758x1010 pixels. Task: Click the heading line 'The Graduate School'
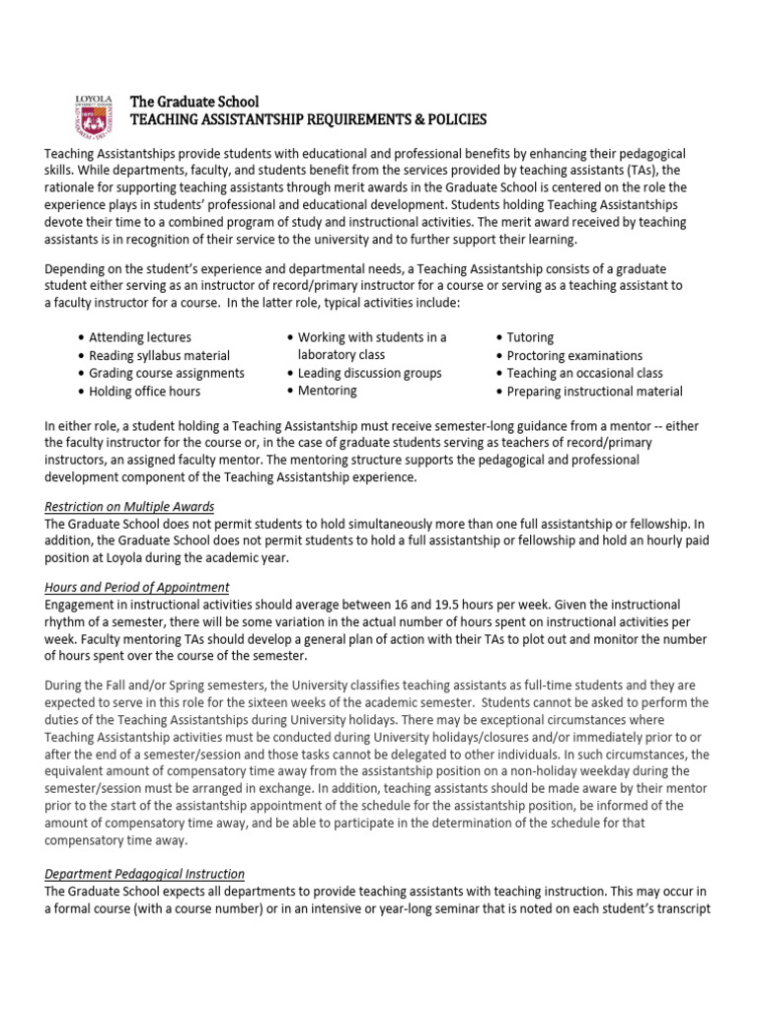(x=194, y=102)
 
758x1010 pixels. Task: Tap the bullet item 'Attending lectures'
(x=139, y=337)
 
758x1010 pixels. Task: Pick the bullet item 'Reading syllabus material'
(x=159, y=355)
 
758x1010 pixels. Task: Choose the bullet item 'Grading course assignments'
(x=166, y=373)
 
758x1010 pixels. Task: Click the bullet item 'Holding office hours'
(x=145, y=391)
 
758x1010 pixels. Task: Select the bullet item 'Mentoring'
(x=327, y=391)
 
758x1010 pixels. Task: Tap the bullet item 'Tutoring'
(x=530, y=337)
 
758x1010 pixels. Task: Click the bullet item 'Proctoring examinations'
(x=574, y=355)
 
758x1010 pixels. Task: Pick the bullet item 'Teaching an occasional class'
(x=584, y=373)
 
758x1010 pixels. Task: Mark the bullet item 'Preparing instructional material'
(x=594, y=391)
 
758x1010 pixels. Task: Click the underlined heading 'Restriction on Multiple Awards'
(x=129, y=507)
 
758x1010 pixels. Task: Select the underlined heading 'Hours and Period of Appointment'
(x=137, y=587)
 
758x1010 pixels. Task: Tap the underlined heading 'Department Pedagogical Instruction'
(x=145, y=874)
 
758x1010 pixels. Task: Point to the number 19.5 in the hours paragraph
(x=443, y=604)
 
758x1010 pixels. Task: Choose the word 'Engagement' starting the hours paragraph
(x=82, y=604)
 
